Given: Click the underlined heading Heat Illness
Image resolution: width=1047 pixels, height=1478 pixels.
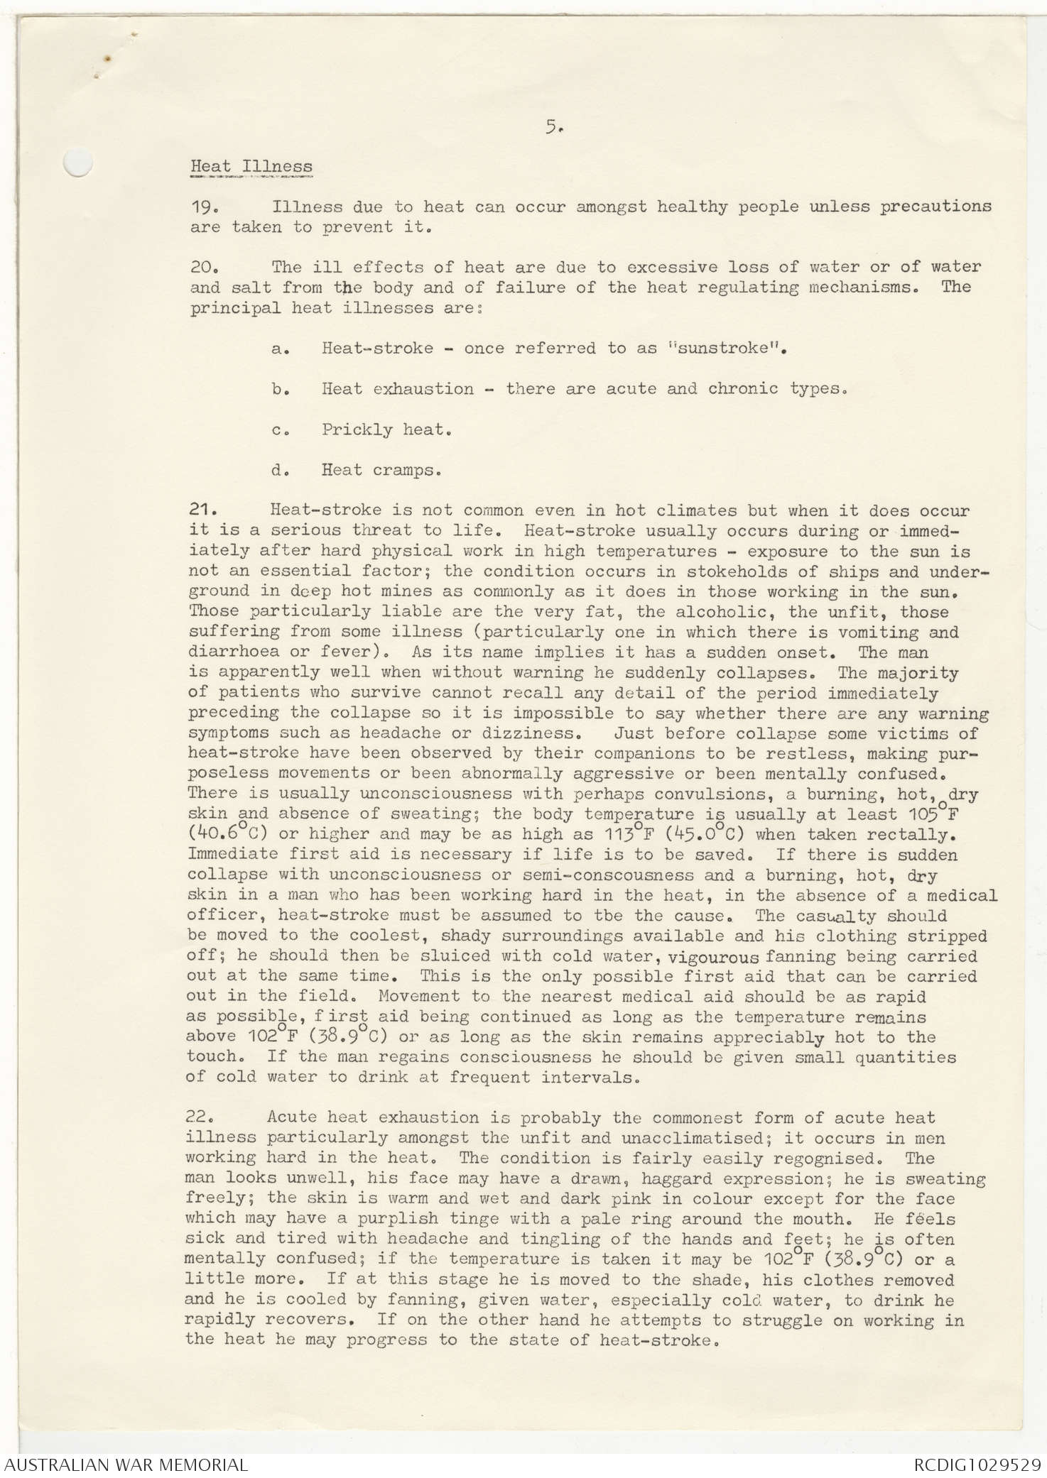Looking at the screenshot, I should tap(251, 167).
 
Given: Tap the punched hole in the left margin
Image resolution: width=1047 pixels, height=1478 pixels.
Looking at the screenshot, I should tap(77, 164).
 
